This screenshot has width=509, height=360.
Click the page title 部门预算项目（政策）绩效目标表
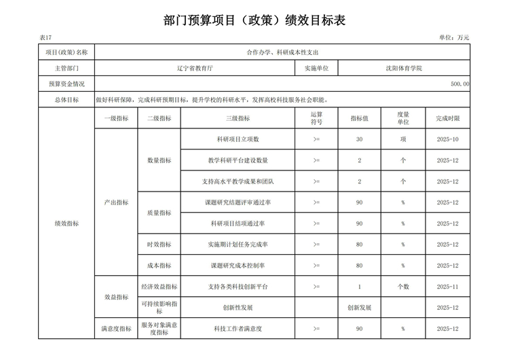pos(254,20)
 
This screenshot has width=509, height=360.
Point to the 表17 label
pos(45,37)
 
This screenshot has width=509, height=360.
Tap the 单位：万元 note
pos(454,37)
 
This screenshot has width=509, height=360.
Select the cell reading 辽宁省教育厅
pos(195,69)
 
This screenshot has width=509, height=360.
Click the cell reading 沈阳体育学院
pos(404,69)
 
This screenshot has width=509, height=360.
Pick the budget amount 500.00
pos(459,84)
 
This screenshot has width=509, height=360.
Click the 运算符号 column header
pos(316,118)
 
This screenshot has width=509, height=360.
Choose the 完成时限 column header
pos(448,118)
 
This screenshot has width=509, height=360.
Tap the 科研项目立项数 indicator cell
pos(238,139)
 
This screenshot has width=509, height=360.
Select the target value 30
pos(359,139)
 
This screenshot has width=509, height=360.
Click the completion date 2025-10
pos(448,139)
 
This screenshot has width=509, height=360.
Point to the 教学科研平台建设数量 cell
pos(238,160)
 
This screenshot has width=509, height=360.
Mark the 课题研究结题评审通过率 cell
pos(238,202)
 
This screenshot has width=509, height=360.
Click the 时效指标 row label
pos(159,245)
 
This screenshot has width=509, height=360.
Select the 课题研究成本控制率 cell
pos(238,266)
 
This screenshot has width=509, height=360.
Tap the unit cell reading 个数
pos(403,287)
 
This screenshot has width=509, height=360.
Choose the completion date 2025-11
pos(448,287)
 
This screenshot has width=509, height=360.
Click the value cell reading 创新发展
pos(359,308)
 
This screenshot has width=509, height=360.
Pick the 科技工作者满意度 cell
pos(238,329)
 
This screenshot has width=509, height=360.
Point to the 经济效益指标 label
pos(159,287)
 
